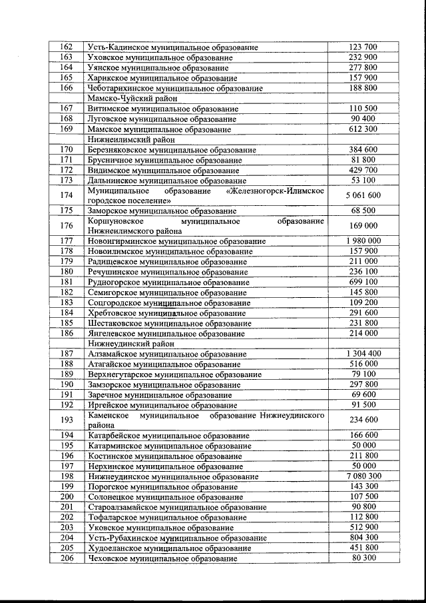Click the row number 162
point(66,47)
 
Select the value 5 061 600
point(363,195)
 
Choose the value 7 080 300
point(363,476)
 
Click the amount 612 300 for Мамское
point(363,129)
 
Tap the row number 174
point(66,195)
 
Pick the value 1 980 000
point(363,241)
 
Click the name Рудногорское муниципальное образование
point(169,283)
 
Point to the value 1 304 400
point(363,353)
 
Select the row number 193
point(66,419)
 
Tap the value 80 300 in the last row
point(363,558)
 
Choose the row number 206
point(66,558)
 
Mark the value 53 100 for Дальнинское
point(363,180)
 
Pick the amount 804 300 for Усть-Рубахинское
point(363,537)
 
